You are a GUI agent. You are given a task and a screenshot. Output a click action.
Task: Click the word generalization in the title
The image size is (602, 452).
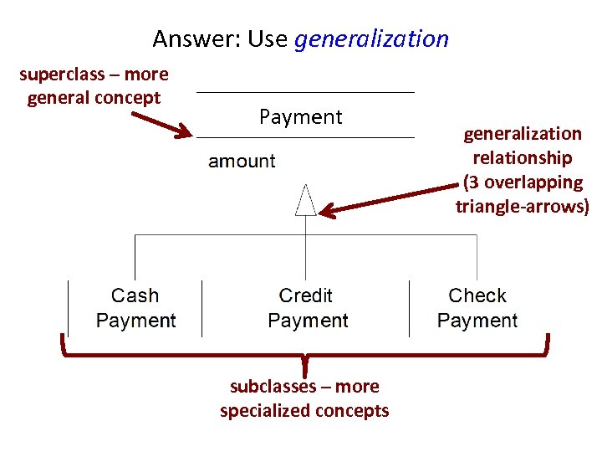point(372,39)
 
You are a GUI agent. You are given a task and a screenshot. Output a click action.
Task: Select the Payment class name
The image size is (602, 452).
point(301,117)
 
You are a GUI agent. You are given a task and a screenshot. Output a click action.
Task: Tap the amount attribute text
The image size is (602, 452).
point(242,161)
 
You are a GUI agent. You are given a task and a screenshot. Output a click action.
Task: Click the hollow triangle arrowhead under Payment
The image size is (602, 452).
point(306,201)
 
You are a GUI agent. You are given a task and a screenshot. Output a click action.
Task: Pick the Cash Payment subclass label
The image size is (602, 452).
point(135,308)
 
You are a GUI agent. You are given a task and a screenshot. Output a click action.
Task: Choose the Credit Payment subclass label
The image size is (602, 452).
point(307,308)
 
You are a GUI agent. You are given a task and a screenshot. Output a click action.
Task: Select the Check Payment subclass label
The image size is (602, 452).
point(477,308)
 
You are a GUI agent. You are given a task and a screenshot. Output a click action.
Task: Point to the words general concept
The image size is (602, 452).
point(94,98)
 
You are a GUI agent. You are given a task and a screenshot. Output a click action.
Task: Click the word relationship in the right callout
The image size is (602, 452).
point(523,157)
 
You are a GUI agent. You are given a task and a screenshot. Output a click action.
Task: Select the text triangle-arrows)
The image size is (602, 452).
point(523,206)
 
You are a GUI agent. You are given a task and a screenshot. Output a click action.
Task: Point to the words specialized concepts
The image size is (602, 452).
point(304,410)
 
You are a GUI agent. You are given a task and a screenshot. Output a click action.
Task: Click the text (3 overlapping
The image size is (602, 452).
point(523,182)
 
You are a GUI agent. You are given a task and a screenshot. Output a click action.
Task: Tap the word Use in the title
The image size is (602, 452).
point(268,39)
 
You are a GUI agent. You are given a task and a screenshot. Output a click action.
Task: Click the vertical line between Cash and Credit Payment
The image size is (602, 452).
point(202,308)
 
